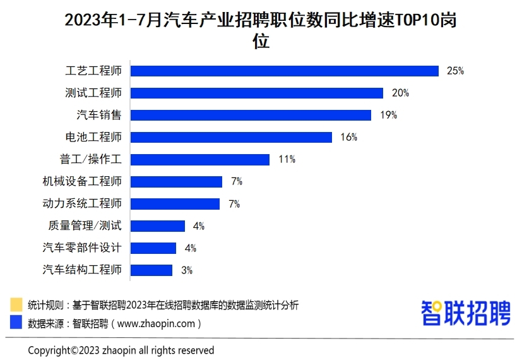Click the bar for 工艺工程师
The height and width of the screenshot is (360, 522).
pos(284,71)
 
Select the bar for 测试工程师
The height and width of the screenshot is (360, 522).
pos(256,93)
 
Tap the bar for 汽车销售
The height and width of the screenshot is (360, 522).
pos(251,115)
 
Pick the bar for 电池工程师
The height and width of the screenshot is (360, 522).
pos(231,137)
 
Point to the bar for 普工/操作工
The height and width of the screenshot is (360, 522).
pos(199,159)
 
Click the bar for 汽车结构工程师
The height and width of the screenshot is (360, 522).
pos(151,270)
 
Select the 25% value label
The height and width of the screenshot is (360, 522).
pos(455,71)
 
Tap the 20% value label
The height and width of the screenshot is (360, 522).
pos(400,93)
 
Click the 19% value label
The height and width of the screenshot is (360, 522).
pos(388,115)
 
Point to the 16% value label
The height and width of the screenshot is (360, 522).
pos(348,137)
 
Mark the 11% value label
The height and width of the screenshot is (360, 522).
pos(287,159)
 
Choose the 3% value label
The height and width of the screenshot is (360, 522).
pos(186,270)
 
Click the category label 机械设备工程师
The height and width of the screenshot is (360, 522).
pos(82,181)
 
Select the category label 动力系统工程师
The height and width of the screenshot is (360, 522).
pos(82,203)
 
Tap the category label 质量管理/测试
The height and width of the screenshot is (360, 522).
pos(85,225)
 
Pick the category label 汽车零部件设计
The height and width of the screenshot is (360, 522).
pos(82,248)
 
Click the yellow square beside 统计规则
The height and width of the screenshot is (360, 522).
pos(16,305)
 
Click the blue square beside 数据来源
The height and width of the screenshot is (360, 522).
pos(16,323)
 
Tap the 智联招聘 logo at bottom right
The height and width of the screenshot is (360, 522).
pos(465,313)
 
